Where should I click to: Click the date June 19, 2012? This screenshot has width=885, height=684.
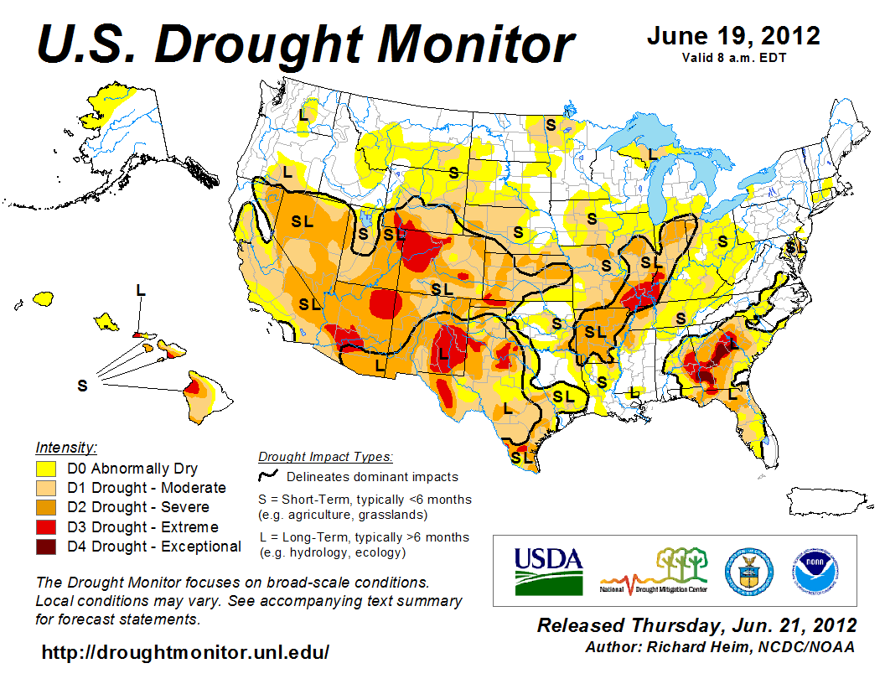coord(732,37)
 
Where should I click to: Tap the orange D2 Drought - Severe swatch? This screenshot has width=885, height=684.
coord(45,508)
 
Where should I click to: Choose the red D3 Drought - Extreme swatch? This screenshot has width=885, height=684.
coord(45,527)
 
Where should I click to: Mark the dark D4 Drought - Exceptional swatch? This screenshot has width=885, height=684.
coord(45,547)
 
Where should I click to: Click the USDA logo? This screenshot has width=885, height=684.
coord(548,570)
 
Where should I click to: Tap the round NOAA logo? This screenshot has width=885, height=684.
coord(812,570)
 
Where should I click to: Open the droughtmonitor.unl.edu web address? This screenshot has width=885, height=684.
coord(185,651)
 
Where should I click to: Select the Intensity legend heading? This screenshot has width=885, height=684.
coord(67,447)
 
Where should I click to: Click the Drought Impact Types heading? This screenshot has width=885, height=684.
coord(325,458)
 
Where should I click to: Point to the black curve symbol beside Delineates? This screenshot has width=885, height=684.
coord(268,477)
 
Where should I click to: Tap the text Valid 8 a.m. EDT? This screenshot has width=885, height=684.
coord(733,58)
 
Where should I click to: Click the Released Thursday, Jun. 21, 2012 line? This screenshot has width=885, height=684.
coord(696,625)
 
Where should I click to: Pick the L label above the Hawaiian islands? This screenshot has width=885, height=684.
coord(141,290)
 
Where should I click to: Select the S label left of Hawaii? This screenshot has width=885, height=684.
coord(82,386)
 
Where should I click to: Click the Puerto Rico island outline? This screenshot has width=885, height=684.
coord(825,504)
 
